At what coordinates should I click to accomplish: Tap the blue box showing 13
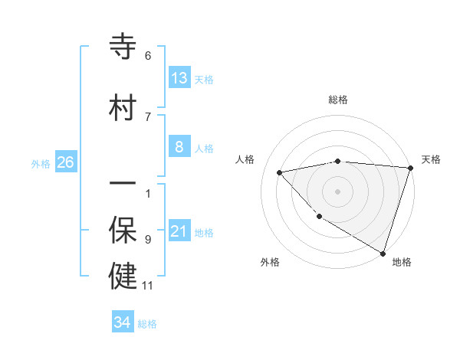(x=179, y=78)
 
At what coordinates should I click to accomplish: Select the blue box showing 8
(x=179, y=147)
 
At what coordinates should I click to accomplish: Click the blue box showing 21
(x=179, y=231)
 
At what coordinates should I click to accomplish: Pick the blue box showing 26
(x=65, y=162)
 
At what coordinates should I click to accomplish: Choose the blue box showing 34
(x=123, y=322)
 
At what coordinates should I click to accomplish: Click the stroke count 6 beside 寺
(x=148, y=56)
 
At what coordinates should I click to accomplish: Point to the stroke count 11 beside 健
(x=148, y=286)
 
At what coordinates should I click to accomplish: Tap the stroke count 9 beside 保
(x=148, y=239)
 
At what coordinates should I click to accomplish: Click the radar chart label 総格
(x=338, y=100)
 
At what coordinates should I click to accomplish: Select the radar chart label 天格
(x=431, y=159)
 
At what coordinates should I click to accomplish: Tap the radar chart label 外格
(x=270, y=262)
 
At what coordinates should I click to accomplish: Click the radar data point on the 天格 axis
(x=410, y=168)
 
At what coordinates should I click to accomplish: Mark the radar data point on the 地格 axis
(x=383, y=252)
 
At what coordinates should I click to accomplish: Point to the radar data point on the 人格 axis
(x=280, y=172)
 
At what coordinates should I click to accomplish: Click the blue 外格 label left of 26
(x=41, y=163)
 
